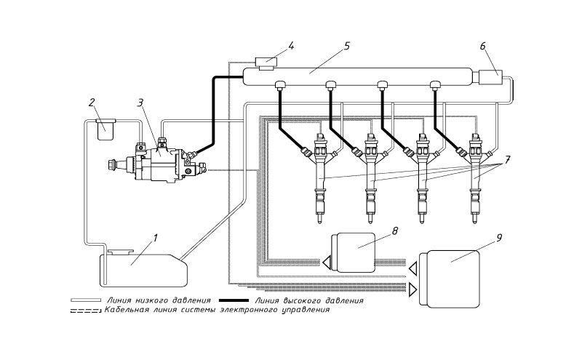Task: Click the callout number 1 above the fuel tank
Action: [x=156, y=238]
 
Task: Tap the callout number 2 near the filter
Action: [x=92, y=103]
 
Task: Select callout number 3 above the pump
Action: [x=140, y=103]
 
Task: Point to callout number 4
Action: [x=291, y=47]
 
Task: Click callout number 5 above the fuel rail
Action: [x=347, y=46]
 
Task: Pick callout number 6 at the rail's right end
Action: [x=482, y=46]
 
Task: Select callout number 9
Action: [x=499, y=238]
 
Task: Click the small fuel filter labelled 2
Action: [x=105, y=129]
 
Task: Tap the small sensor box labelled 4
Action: [x=266, y=63]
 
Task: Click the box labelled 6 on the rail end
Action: [x=490, y=79]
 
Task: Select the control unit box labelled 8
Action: [x=353, y=253]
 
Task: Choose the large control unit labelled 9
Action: [x=449, y=279]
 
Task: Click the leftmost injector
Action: [x=319, y=178]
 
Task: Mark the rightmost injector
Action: [x=475, y=178]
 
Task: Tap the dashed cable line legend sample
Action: [x=86, y=311]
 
